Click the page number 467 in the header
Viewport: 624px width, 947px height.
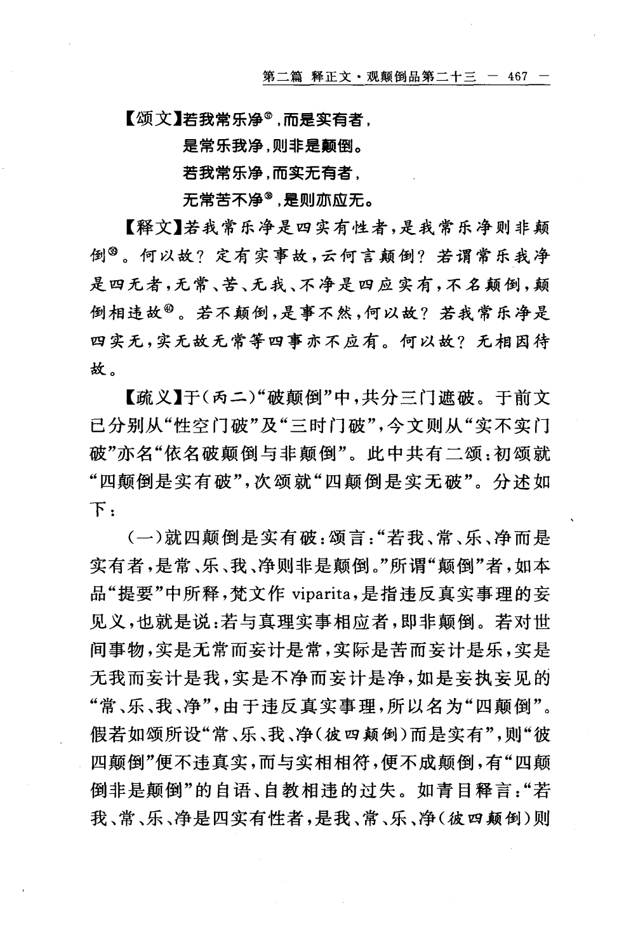pyautogui.click(x=518, y=77)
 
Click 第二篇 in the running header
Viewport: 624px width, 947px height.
pyautogui.click(x=283, y=77)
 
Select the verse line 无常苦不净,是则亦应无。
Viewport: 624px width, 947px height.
pyautogui.click(x=277, y=201)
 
